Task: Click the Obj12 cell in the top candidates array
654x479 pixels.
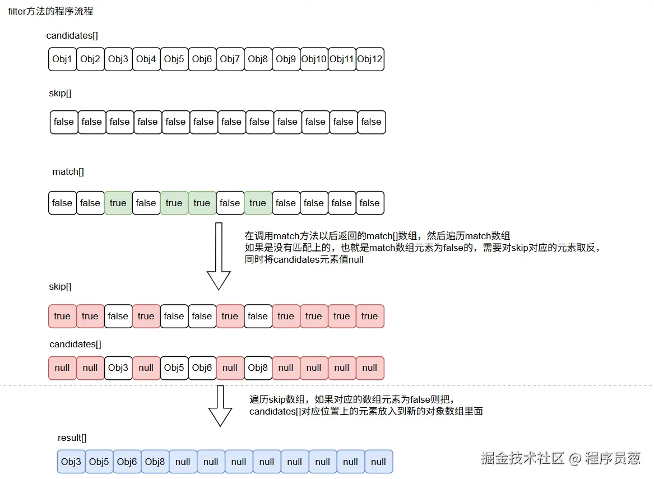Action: click(370, 59)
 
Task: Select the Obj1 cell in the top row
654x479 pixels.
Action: click(62, 59)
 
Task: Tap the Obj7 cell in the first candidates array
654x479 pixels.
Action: click(230, 59)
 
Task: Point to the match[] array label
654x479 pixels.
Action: click(68, 172)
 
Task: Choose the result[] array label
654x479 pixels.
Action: click(72, 438)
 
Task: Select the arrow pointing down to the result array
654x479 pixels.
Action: click(220, 406)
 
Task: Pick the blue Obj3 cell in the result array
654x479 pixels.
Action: click(71, 462)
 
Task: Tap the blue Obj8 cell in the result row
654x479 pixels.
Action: click(155, 462)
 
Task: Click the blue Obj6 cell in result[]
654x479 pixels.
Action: click(127, 462)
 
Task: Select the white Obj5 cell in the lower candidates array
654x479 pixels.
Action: click(174, 368)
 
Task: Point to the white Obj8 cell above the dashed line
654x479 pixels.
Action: click(258, 368)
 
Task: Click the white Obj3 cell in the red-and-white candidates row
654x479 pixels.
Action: click(118, 368)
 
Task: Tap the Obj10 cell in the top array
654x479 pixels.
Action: click(314, 59)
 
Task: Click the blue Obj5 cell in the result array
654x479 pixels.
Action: click(99, 462)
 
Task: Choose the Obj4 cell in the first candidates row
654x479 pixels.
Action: click(146, 59)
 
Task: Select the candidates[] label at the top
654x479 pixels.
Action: click(72, 36)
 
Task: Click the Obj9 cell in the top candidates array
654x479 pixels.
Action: click(286, 59)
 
